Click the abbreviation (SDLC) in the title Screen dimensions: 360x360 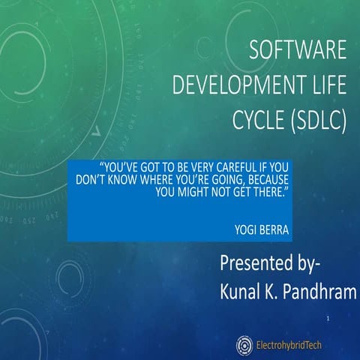click(308, 120)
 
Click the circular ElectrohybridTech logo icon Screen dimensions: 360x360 click(244, 344)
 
